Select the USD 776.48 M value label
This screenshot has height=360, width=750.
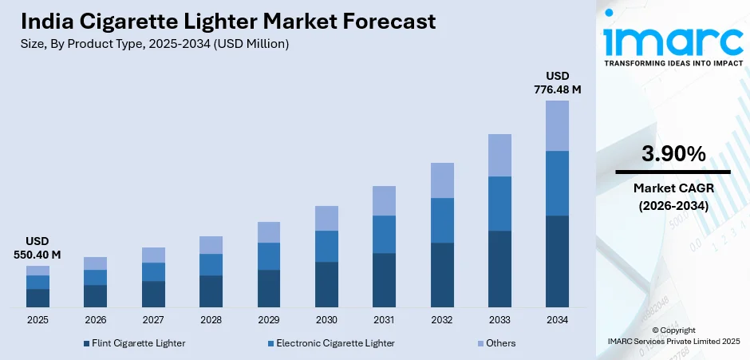click(557, 83)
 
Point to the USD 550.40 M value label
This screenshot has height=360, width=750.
click(37, 248)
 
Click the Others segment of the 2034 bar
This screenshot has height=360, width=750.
click(557, 125)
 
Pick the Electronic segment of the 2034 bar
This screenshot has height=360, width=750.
click(557, 183)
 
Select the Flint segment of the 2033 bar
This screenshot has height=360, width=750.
click(499, 269)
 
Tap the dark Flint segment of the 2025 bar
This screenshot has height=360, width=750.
click(37, 298)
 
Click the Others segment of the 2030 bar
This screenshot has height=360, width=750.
click(326, 218)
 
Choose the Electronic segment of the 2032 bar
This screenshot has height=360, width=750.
click(442, 220)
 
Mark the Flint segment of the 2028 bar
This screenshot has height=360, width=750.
click(211, 291)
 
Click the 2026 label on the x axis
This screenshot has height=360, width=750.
click(95, 320)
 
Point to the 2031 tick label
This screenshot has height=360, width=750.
click(384, 320)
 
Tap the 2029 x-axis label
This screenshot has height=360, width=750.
click(268, 320)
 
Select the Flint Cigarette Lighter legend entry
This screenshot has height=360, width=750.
click(133, 343)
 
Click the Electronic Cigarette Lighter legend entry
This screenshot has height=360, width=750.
click(330, 343)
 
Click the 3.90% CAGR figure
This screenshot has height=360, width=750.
click(673, 154)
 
